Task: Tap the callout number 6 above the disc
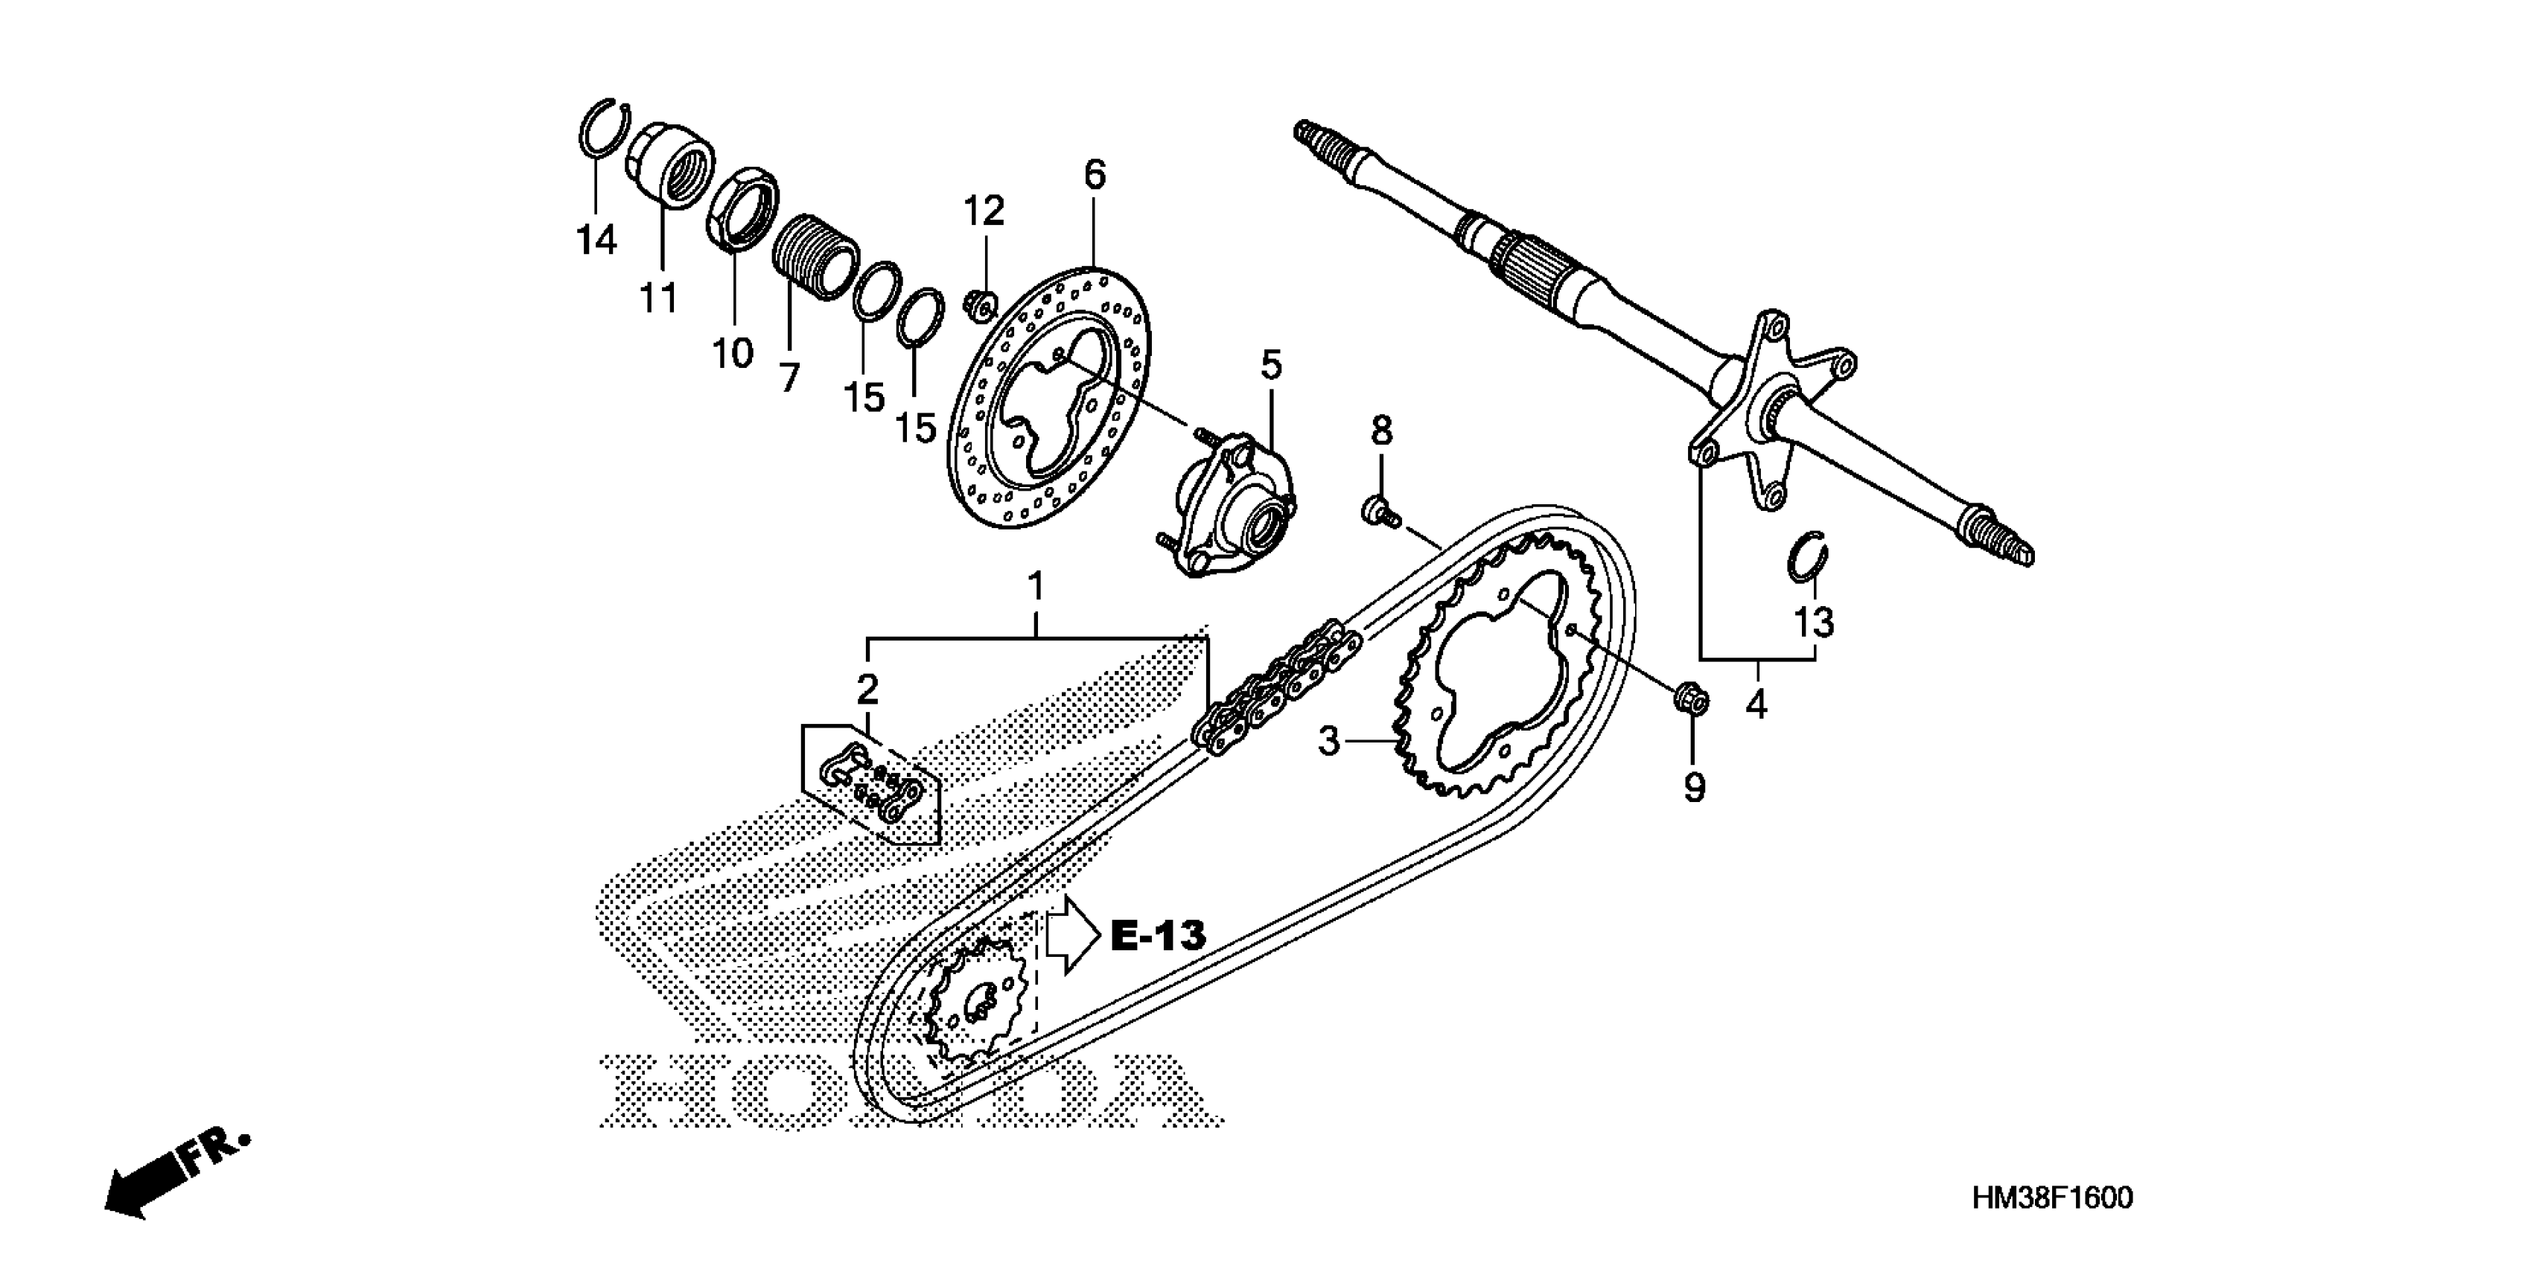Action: pos(1095,175)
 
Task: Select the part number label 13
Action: pos(1813,623)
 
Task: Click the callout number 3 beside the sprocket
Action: pos(1329,740)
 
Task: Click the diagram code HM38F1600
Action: pos(2051,1198)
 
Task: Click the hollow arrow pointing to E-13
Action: pos(1071,935)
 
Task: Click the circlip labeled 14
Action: pos(603,128)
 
